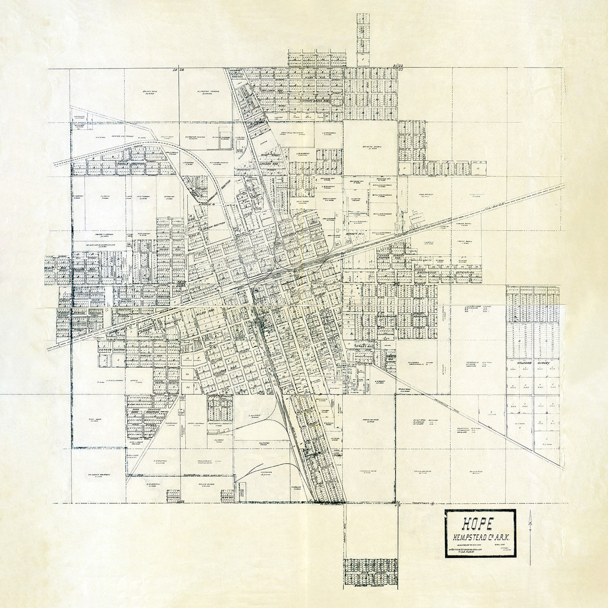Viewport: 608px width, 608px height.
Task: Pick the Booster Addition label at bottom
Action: (x=370, y=584)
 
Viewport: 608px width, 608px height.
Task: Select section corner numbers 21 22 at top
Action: (x=398, y=66)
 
